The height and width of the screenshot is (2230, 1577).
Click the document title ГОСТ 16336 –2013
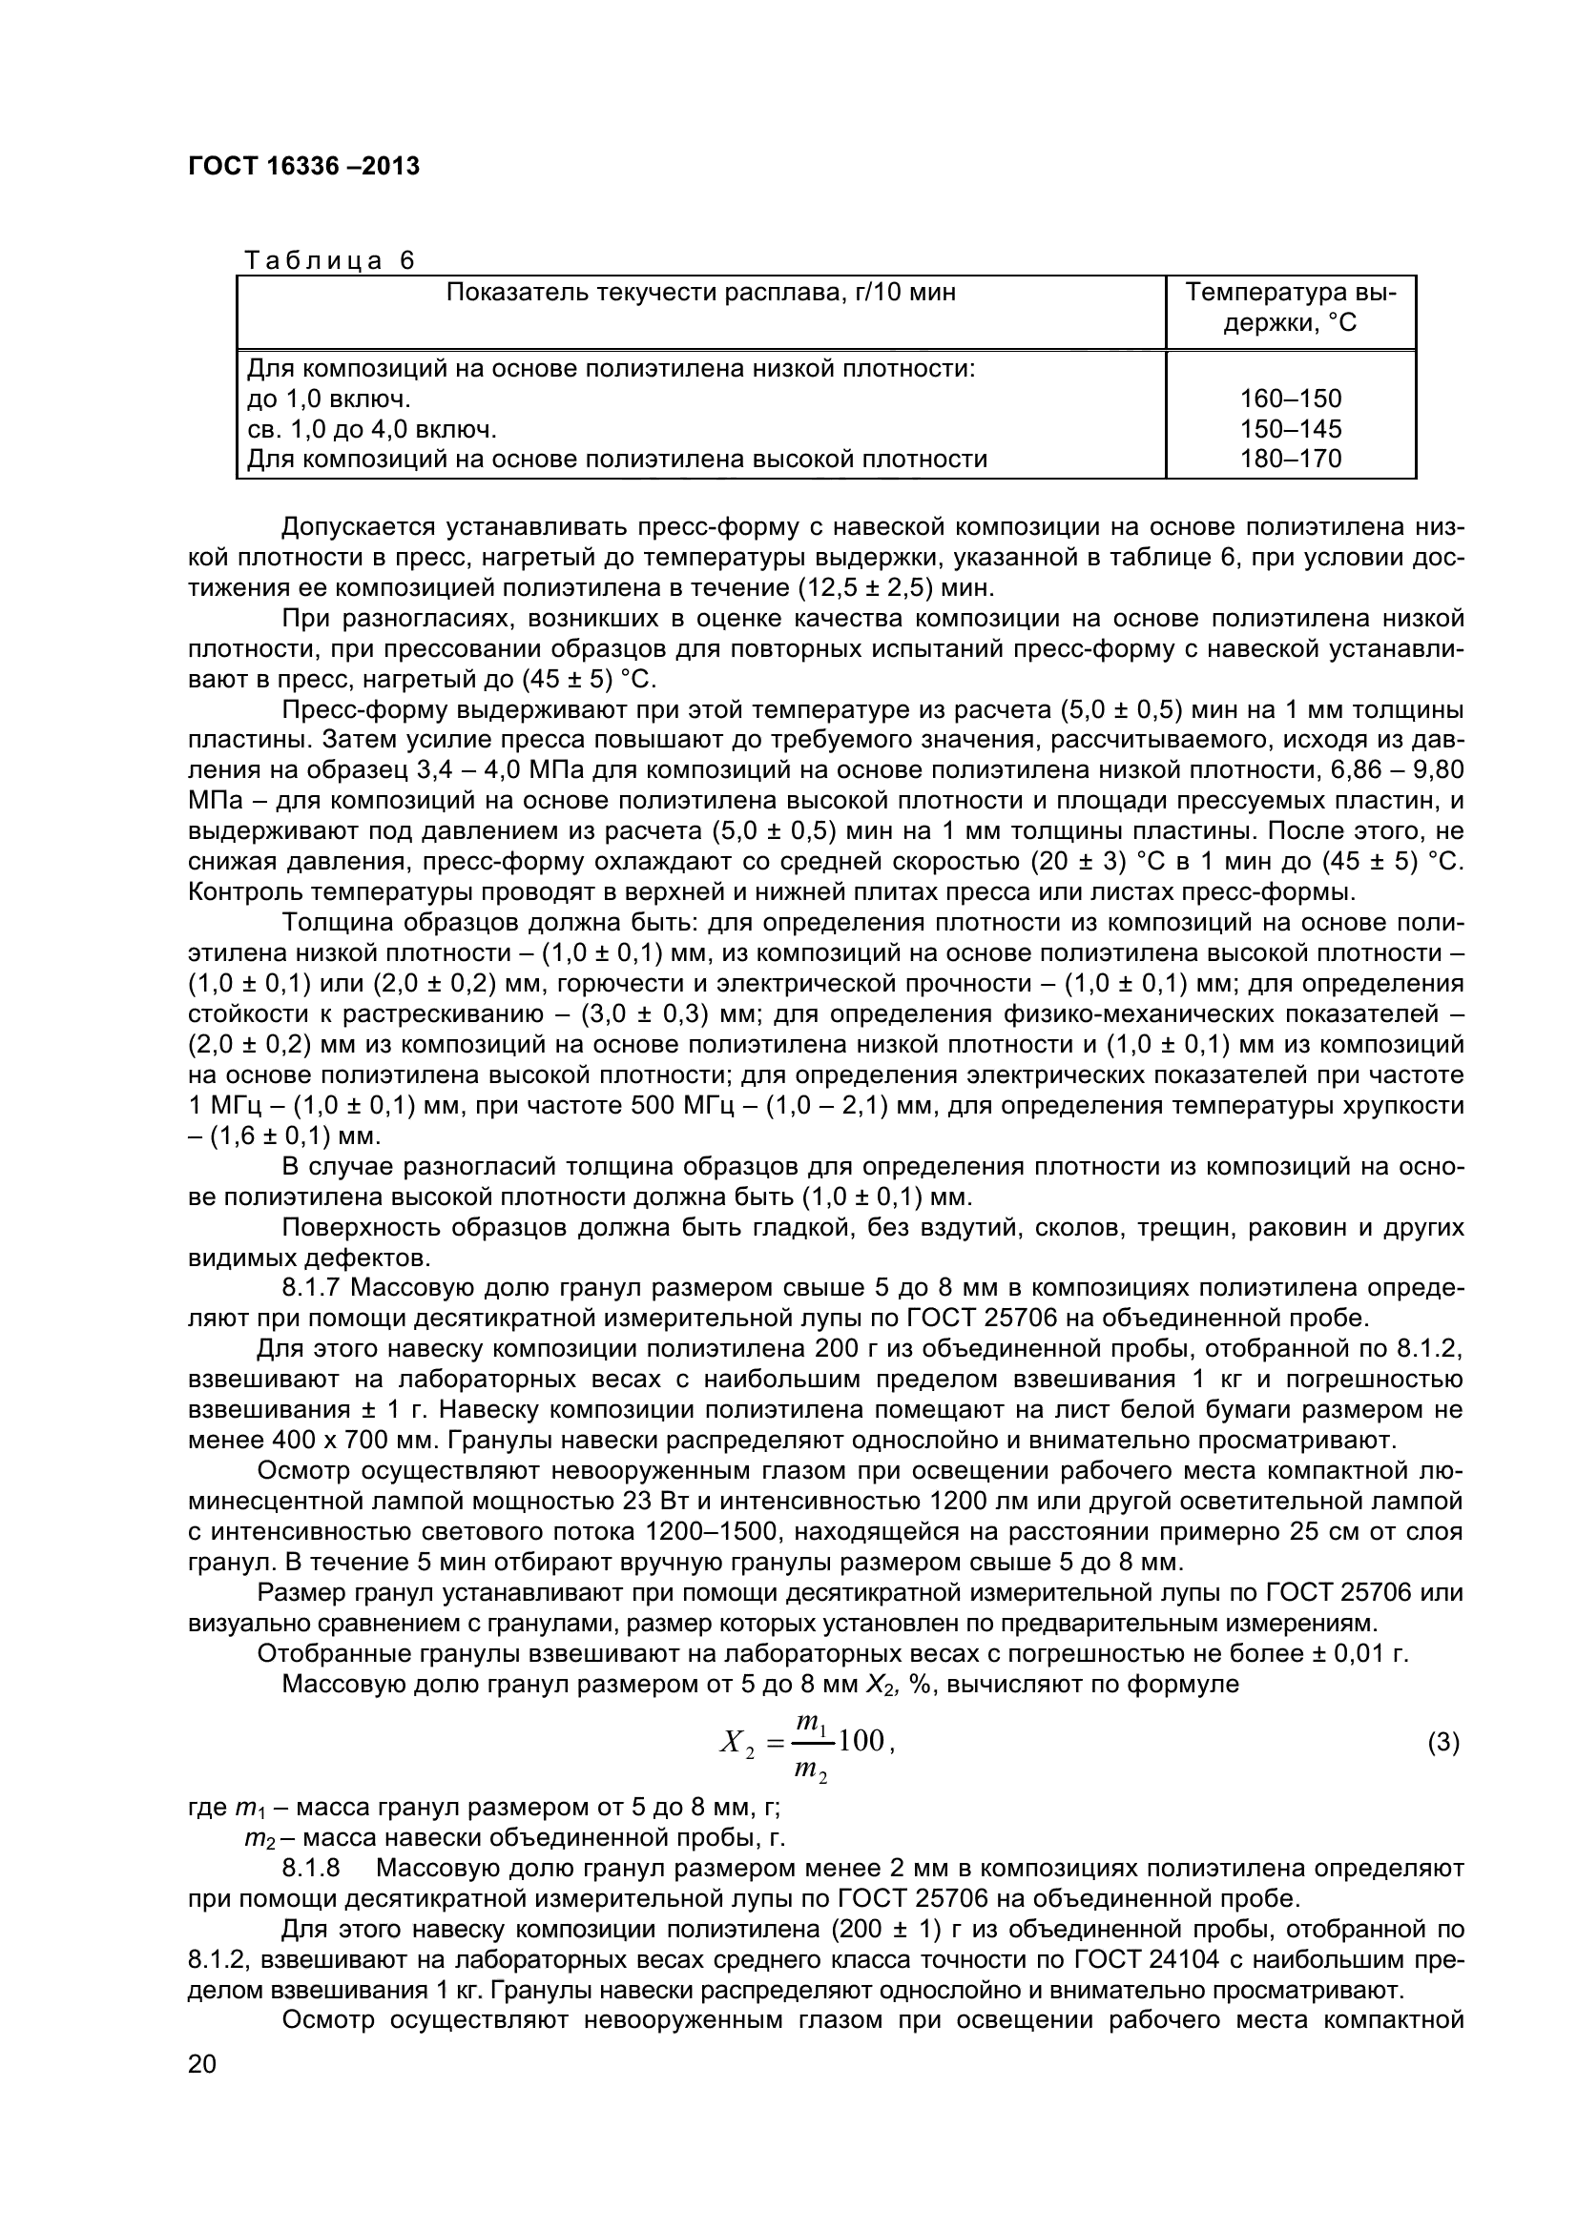[x=303, y=166]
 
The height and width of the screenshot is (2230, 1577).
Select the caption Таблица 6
[x=328, y=260]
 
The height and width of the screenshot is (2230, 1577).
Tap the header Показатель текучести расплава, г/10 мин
[x=700, y=293]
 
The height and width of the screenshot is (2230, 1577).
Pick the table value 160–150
[x=1291, y=399]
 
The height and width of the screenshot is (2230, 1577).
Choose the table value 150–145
[x=1291, y=428]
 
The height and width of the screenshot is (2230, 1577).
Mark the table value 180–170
[x=1291, y=459]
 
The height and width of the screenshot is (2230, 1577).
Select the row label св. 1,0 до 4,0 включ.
[x=371, y=428]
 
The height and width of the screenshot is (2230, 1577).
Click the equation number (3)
[x=1442, y=1743]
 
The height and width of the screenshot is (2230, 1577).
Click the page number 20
[x=202, y=2091]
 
